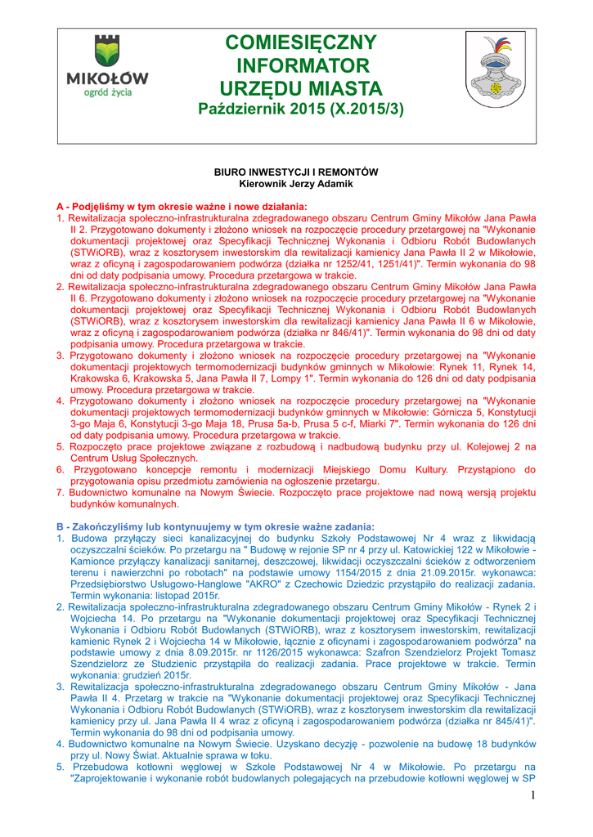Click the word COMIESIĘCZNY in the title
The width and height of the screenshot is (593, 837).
point(301,43)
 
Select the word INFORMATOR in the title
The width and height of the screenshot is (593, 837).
point(303,65)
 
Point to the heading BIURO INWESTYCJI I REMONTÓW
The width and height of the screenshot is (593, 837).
point(296,172)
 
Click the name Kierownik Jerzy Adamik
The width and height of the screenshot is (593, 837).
point(296,184)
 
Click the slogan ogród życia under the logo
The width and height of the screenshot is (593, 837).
point(107,92)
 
